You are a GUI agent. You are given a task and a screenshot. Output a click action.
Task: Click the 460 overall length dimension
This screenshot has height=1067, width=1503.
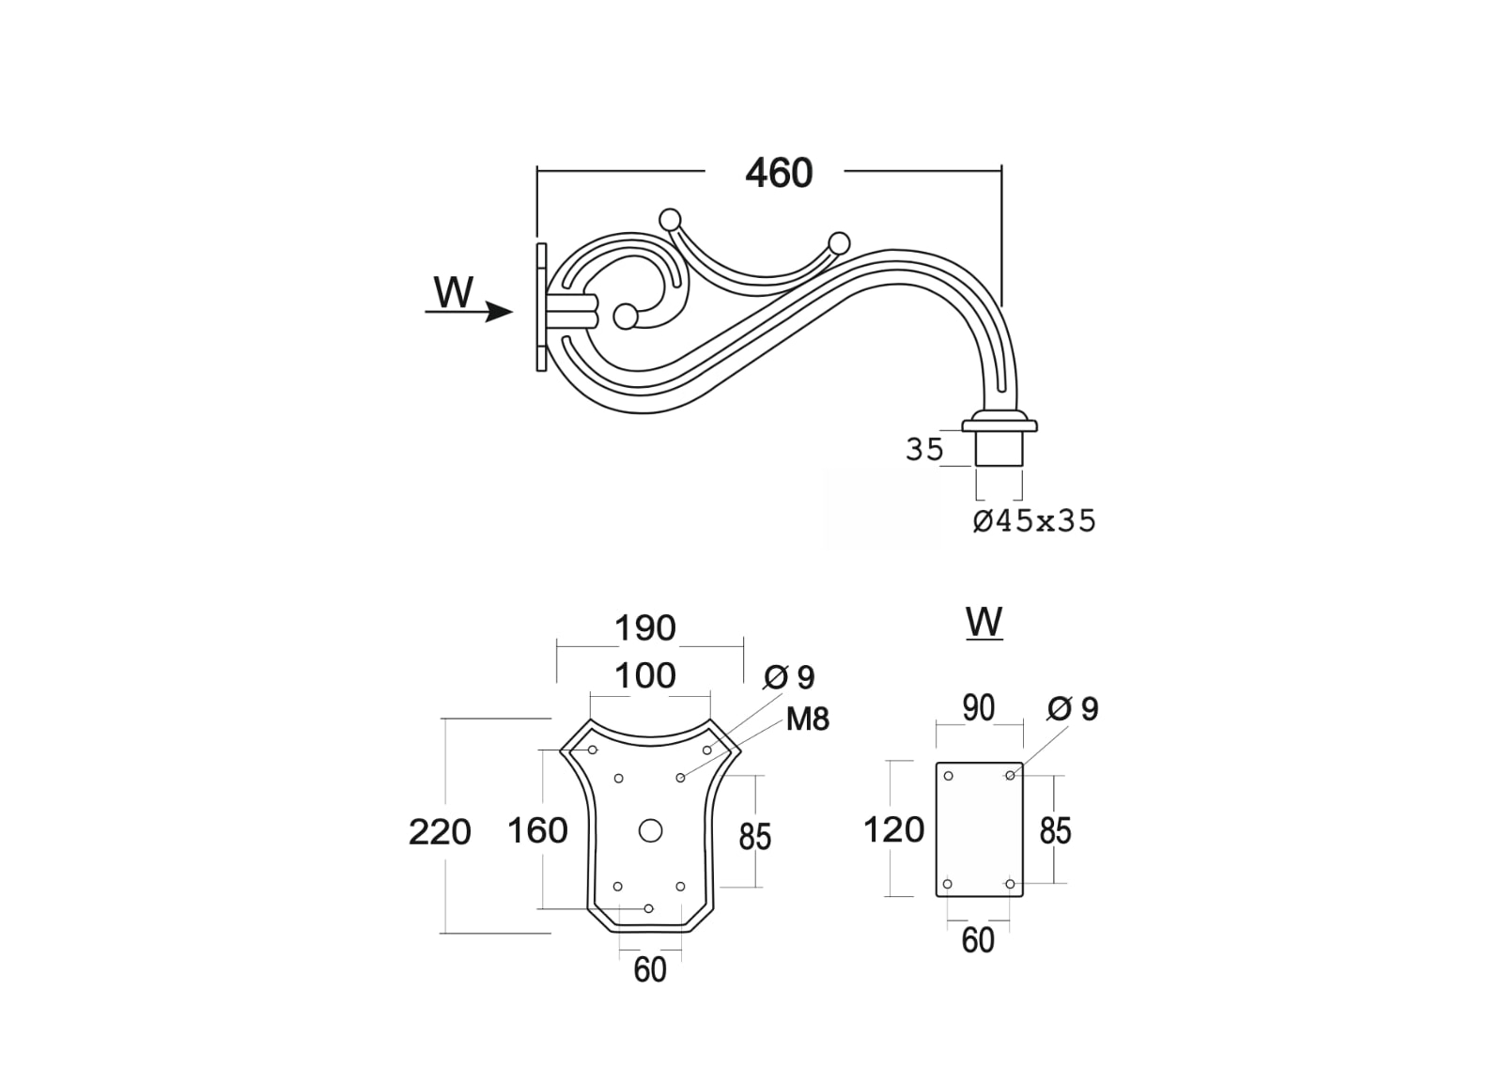[779, 173]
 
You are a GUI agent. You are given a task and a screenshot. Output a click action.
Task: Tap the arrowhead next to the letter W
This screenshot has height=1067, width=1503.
[499, 312]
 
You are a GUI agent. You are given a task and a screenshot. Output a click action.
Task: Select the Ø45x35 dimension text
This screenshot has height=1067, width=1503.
[1034, 520]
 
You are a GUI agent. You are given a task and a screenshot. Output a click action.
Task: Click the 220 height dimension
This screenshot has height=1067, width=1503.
[441, 833]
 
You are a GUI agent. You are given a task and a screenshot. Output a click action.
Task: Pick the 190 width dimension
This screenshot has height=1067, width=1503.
[645, 628]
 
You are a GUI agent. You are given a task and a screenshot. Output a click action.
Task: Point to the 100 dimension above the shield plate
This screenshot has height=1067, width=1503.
[645, 676]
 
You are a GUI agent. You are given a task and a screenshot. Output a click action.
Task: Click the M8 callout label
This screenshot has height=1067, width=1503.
[808, 719]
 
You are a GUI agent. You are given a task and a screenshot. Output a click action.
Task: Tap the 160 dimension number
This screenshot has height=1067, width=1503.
[537, 831]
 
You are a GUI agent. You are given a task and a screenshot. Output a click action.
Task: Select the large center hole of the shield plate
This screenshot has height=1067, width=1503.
[650, 831]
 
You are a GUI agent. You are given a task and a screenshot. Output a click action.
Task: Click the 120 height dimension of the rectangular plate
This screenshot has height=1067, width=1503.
[893, 830]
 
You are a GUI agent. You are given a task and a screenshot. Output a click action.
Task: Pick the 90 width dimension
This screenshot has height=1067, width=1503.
[978, 708]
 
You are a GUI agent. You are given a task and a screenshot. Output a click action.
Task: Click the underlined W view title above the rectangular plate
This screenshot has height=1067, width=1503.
[984, 623]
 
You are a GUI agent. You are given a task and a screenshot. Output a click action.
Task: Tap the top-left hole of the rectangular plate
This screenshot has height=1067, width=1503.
[948, 776]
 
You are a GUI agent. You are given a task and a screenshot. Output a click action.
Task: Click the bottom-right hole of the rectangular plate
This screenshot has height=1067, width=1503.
[1010, 884]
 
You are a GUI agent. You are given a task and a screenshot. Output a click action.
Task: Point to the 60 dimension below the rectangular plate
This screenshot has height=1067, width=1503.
[978, 940]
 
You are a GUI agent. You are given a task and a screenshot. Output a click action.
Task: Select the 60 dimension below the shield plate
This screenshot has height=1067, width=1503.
[650, 969]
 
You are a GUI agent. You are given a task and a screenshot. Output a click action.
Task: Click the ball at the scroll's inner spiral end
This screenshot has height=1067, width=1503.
[626, 317]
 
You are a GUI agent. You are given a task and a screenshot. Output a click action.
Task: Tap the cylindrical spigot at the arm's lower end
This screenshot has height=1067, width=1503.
[999, 448]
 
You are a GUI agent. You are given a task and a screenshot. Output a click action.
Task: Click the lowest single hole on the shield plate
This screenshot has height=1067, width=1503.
[648, 908]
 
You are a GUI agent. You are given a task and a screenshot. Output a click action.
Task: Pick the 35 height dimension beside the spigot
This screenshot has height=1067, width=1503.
[924, 450]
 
